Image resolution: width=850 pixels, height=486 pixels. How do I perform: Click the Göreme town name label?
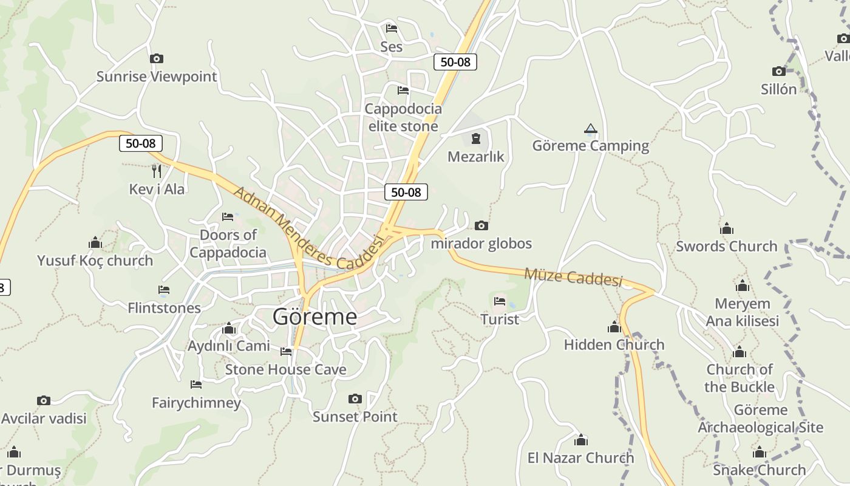314,317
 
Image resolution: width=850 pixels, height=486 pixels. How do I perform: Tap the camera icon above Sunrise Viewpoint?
157,59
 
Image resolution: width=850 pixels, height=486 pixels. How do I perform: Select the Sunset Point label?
355,417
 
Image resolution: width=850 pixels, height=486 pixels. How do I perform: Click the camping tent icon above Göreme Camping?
590,129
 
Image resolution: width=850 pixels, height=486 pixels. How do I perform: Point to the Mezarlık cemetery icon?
475,139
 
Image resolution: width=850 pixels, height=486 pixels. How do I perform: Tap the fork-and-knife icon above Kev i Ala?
157,171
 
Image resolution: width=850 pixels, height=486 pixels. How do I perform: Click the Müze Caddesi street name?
573,277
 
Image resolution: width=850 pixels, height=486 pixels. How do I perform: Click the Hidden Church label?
614,344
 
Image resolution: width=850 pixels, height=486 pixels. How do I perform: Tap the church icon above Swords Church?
726,228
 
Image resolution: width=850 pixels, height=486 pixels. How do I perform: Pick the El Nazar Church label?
580,457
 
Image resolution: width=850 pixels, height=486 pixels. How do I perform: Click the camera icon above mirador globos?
481,226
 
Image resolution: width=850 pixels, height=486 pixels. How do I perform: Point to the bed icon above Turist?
500,301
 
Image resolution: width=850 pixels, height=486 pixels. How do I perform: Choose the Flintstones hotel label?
164,308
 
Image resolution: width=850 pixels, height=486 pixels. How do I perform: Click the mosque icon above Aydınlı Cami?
229,329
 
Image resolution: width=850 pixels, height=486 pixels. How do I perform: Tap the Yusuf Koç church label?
95,261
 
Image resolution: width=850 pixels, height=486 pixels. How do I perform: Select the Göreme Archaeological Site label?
760,419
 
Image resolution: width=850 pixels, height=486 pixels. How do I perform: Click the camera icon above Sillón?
778,71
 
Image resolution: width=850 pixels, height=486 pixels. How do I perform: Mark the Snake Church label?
759,470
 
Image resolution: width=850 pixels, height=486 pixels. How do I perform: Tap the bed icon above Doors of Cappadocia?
228,216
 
